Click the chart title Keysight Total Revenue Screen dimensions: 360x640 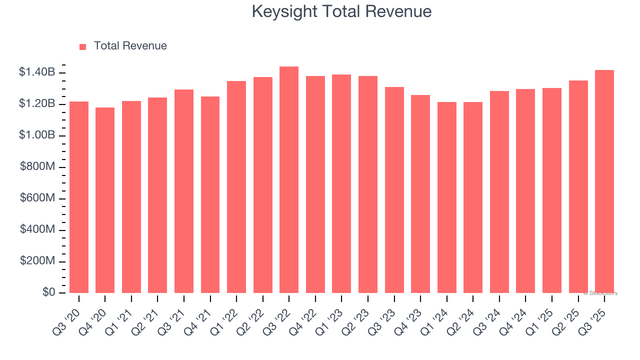tap(341, 11)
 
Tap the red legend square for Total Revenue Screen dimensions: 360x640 tap(83, 46)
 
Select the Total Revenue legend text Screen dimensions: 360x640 tap(130, 46)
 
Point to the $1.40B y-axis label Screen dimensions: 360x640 tap(37, 72)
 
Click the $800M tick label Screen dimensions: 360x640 tap(37, 167)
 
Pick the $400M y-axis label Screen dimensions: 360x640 tap(37, 230)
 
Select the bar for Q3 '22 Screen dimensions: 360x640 tap(289, 180)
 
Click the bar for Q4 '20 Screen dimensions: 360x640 tap(105, 200)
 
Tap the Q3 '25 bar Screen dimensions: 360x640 tap(604, 181)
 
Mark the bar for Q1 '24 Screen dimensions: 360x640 tap(446, 197)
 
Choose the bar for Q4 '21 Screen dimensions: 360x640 tap(210, 195)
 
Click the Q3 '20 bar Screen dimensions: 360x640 tap(79, 197)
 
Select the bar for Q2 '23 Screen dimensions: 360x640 tap(368, 184)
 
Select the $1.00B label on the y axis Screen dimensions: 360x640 tap(37, 135)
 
